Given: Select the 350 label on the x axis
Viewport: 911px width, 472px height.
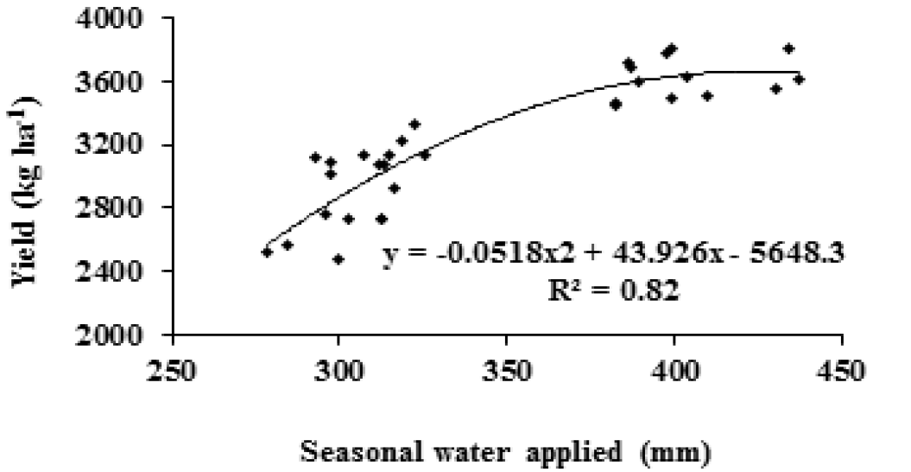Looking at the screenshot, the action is point(506,371).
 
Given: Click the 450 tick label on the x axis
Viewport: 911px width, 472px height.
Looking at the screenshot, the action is point(843,371).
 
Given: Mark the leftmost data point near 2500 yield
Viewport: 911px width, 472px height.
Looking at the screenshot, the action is point(268,252).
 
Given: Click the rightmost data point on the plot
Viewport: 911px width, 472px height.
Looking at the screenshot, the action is point(799,80).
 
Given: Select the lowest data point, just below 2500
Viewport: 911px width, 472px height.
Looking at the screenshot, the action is point(338,259).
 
